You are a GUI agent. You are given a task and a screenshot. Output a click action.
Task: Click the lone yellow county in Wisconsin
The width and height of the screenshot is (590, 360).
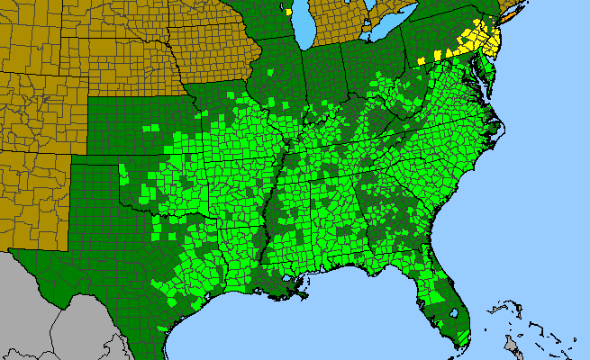click(x=287, y=13)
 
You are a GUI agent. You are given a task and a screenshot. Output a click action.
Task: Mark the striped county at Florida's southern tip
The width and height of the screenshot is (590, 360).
click(x=462, y=338)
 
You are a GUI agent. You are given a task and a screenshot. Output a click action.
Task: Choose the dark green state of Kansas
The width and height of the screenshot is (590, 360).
click(x=135, y=126)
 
